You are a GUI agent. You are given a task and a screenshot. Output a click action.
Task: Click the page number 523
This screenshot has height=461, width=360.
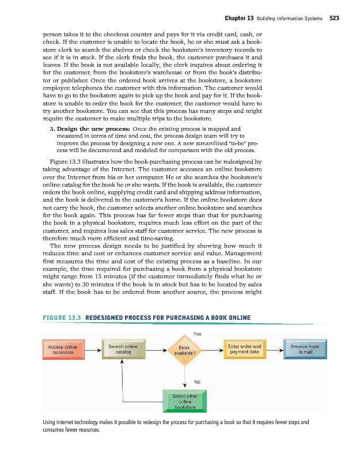point(334,18)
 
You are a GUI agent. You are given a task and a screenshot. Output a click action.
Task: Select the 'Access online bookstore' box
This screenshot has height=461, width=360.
point(63,349)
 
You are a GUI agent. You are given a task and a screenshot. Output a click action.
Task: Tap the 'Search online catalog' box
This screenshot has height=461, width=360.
point(123,349)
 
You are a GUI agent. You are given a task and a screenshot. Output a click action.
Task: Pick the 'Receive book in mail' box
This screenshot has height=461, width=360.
point(305,349)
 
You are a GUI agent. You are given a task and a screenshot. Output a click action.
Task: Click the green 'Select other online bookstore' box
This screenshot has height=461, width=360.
point(184,400)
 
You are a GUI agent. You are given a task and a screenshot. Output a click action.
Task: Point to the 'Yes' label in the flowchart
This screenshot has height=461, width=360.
point(198,334)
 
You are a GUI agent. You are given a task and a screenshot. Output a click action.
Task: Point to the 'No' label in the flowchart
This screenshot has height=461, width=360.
point(198,381)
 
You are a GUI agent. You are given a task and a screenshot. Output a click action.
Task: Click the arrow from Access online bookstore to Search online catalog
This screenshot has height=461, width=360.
point(92,349)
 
